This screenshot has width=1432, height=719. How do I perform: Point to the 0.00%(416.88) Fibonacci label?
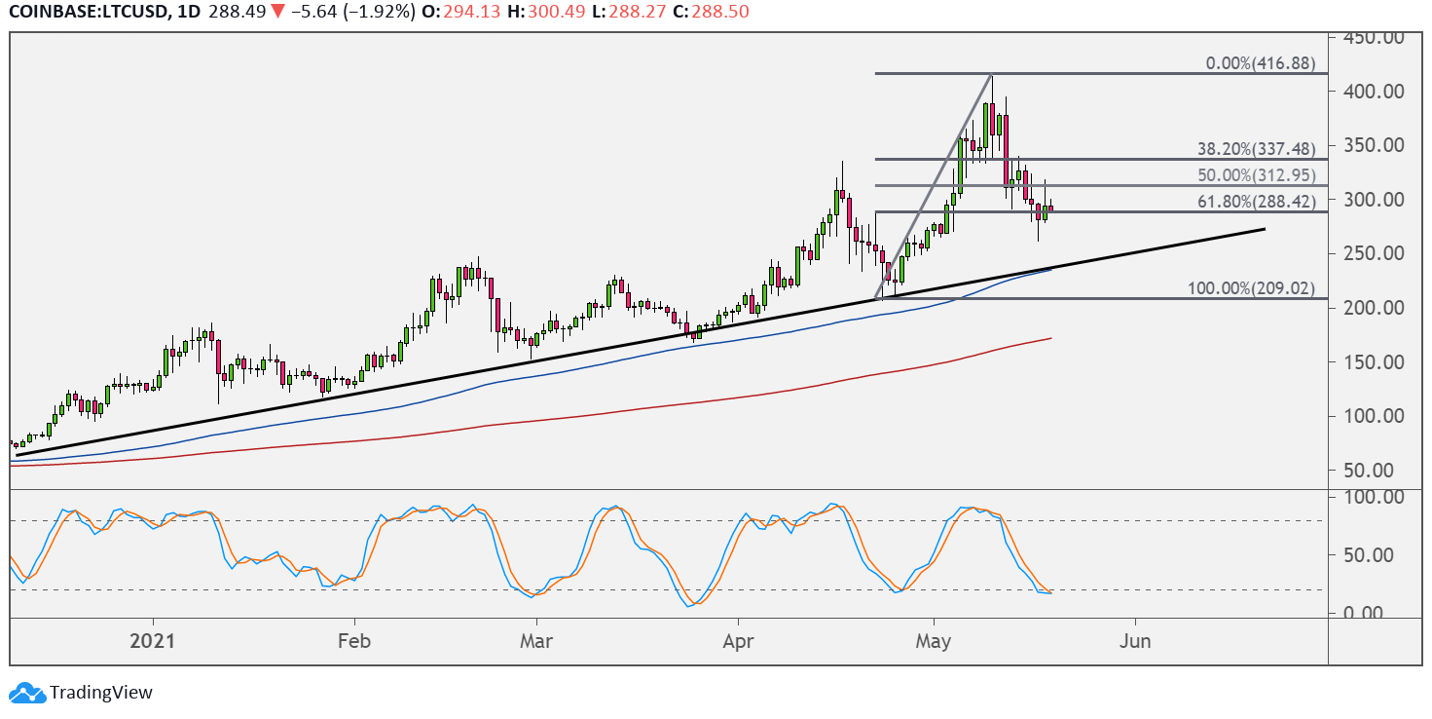pos(1261,64)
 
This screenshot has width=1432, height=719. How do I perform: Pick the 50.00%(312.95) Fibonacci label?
pos(1256,176)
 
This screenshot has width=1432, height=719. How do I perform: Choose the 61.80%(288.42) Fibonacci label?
pos(1256,203)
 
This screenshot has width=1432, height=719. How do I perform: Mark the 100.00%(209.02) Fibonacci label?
pos(1252,289)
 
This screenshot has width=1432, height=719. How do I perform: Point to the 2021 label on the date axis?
pos(153,642)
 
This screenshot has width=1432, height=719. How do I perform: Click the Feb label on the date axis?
pos(354,642)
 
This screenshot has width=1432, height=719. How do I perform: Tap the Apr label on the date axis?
pos(738,642)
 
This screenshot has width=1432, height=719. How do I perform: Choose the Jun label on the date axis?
pos(1135,642)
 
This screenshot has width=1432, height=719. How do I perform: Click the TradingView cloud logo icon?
pos(26,693)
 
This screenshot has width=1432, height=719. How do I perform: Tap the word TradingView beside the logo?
pos(101,693)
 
